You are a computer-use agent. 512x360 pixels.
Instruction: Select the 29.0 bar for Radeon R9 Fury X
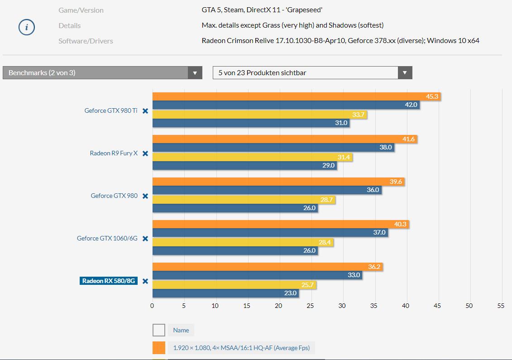[244, 166]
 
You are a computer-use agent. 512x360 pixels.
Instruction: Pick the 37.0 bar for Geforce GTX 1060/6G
[270, 232]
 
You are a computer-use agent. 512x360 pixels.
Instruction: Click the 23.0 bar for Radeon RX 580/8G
[225, 293]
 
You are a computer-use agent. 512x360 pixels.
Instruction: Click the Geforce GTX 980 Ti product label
[111, 110]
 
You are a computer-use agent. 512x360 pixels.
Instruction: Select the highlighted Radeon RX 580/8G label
[109, 281]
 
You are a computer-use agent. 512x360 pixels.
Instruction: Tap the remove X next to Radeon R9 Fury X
[145, 154]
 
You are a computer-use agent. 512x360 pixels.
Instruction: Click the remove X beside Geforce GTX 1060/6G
[145, 239]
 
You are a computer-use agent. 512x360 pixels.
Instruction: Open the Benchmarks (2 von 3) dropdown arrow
[195, 73]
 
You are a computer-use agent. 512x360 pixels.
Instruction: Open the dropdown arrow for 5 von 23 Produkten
[405, 73]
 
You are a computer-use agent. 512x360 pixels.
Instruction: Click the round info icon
[27, 28]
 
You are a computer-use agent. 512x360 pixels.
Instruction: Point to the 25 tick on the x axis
[310, 306]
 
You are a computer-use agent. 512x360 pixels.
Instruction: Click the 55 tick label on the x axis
[500, 306]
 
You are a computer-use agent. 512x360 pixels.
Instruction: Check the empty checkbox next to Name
[159, 330]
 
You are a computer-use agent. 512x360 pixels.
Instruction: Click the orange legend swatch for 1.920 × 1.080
[159, 348]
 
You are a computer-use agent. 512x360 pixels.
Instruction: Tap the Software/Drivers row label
[86, 41]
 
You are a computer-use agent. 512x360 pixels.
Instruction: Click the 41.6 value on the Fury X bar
[408, 139]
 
